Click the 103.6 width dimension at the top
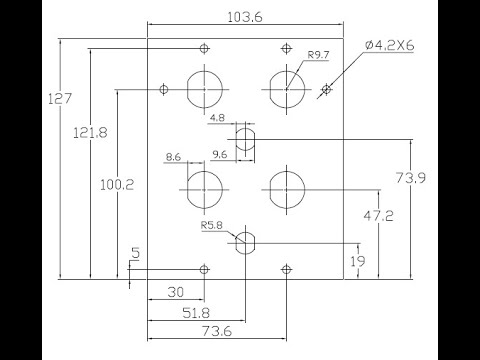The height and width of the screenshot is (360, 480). tap(245, 17)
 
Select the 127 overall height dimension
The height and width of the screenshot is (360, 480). tap(60, 99)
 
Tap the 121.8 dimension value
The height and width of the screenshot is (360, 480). tap(90, 133)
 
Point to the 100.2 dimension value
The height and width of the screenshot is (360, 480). tap(117, 185)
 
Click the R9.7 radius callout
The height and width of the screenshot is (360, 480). tap(318, 55)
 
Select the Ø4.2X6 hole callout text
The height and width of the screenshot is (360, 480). tap(389, 45)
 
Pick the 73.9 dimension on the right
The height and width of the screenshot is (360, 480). tap(411, 177)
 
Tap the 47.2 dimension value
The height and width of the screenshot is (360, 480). tap(378, 216)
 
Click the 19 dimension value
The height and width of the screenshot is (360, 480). tap(358, 261)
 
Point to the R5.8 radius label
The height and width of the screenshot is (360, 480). tap(211, 225)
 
